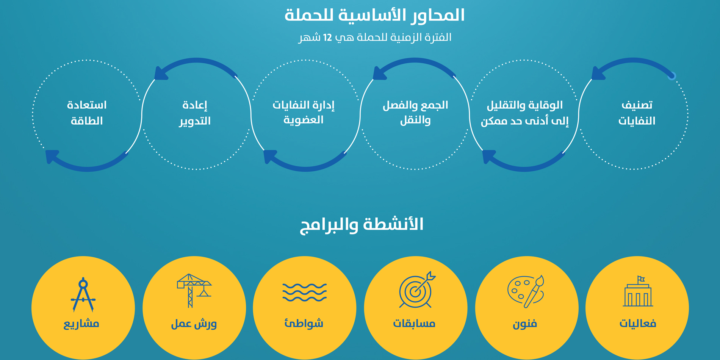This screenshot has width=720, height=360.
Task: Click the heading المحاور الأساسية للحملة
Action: coord(374,16)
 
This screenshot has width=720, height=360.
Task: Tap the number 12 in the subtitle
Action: coord(327,38)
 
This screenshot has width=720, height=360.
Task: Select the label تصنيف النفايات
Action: coord(637,113)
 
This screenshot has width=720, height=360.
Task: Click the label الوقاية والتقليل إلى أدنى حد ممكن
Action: coord(525,113)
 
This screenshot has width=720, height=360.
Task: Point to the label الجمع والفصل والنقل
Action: coord(415,113)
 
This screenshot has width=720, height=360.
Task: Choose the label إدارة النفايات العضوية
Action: coord(304,113)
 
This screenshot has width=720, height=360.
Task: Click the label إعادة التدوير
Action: coord(195,113)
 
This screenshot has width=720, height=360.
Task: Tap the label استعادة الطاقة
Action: coord(87,113)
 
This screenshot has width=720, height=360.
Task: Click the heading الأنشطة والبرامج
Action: coord(362,224)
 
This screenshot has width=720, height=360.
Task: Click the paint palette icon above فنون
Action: coord(526,291)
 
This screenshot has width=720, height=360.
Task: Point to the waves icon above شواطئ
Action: coord(304,292)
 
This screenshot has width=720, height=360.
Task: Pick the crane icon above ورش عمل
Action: coord(194,291)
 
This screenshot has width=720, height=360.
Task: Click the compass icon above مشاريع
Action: coord(83,295)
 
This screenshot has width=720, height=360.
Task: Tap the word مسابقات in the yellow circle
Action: coord(414,324)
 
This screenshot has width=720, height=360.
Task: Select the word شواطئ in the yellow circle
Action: coord(304,323)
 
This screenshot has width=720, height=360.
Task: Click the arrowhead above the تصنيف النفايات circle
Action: coord(598,73)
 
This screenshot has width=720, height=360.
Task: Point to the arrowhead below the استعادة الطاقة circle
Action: coord(52,156)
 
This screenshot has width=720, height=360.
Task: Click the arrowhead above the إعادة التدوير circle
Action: coord(161,73)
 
